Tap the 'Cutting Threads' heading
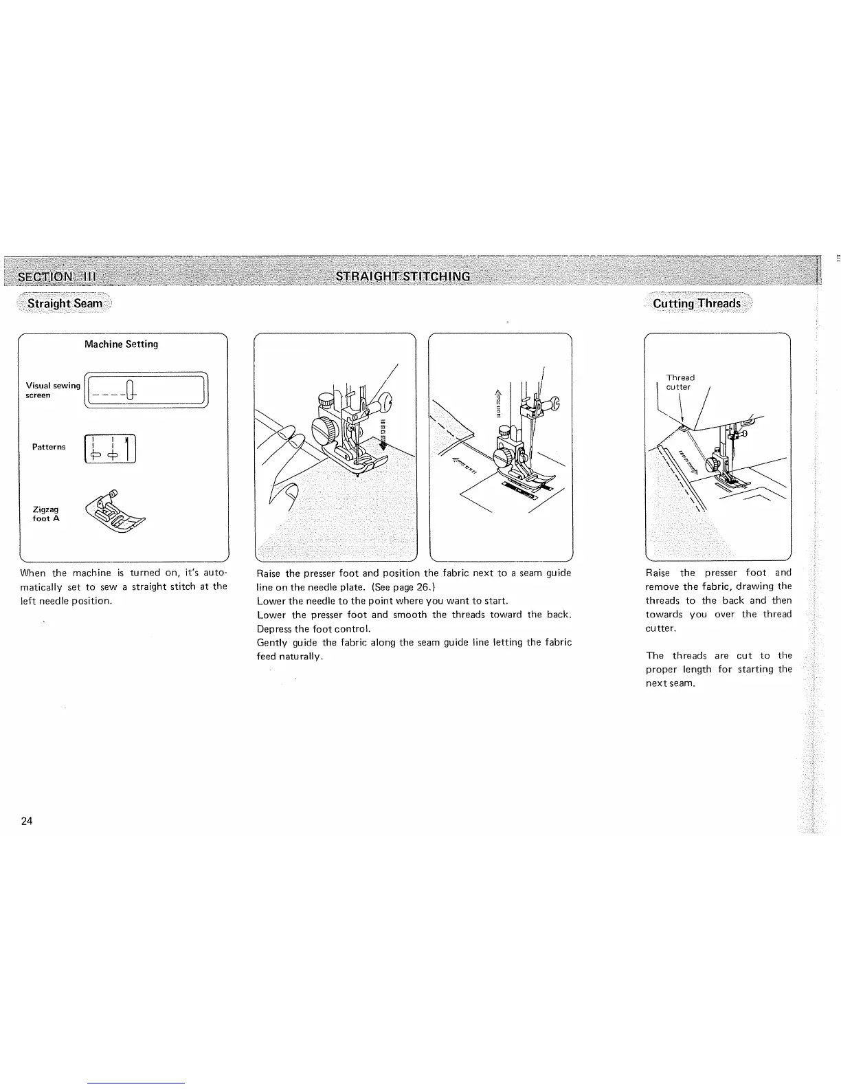pyautogui.click(x=697, y=303)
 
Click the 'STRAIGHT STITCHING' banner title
pyautogui.click(x=403, y=276)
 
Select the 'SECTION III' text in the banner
pyautogui.click(x=58, y=277)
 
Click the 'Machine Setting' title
pyautogui.click(x=121, y=344)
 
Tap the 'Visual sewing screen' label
pyautogui.click(x=52, y=390)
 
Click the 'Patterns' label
pyautogui.click(x=49, y=447)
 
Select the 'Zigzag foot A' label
pyautogui.click(x=46, y=514)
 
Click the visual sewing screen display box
pyautogui.click(x=146, y=390)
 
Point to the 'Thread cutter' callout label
pyautogui.click(x=680, y=382)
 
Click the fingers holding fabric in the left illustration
pyautogui.click(x=289, y=467)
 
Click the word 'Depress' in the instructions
pyautogui.click(x=274, y=628)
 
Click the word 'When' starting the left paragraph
pyautogui.click(x=33, y=573)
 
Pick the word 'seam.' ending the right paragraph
pyautogui.click(x=682, y=683)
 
